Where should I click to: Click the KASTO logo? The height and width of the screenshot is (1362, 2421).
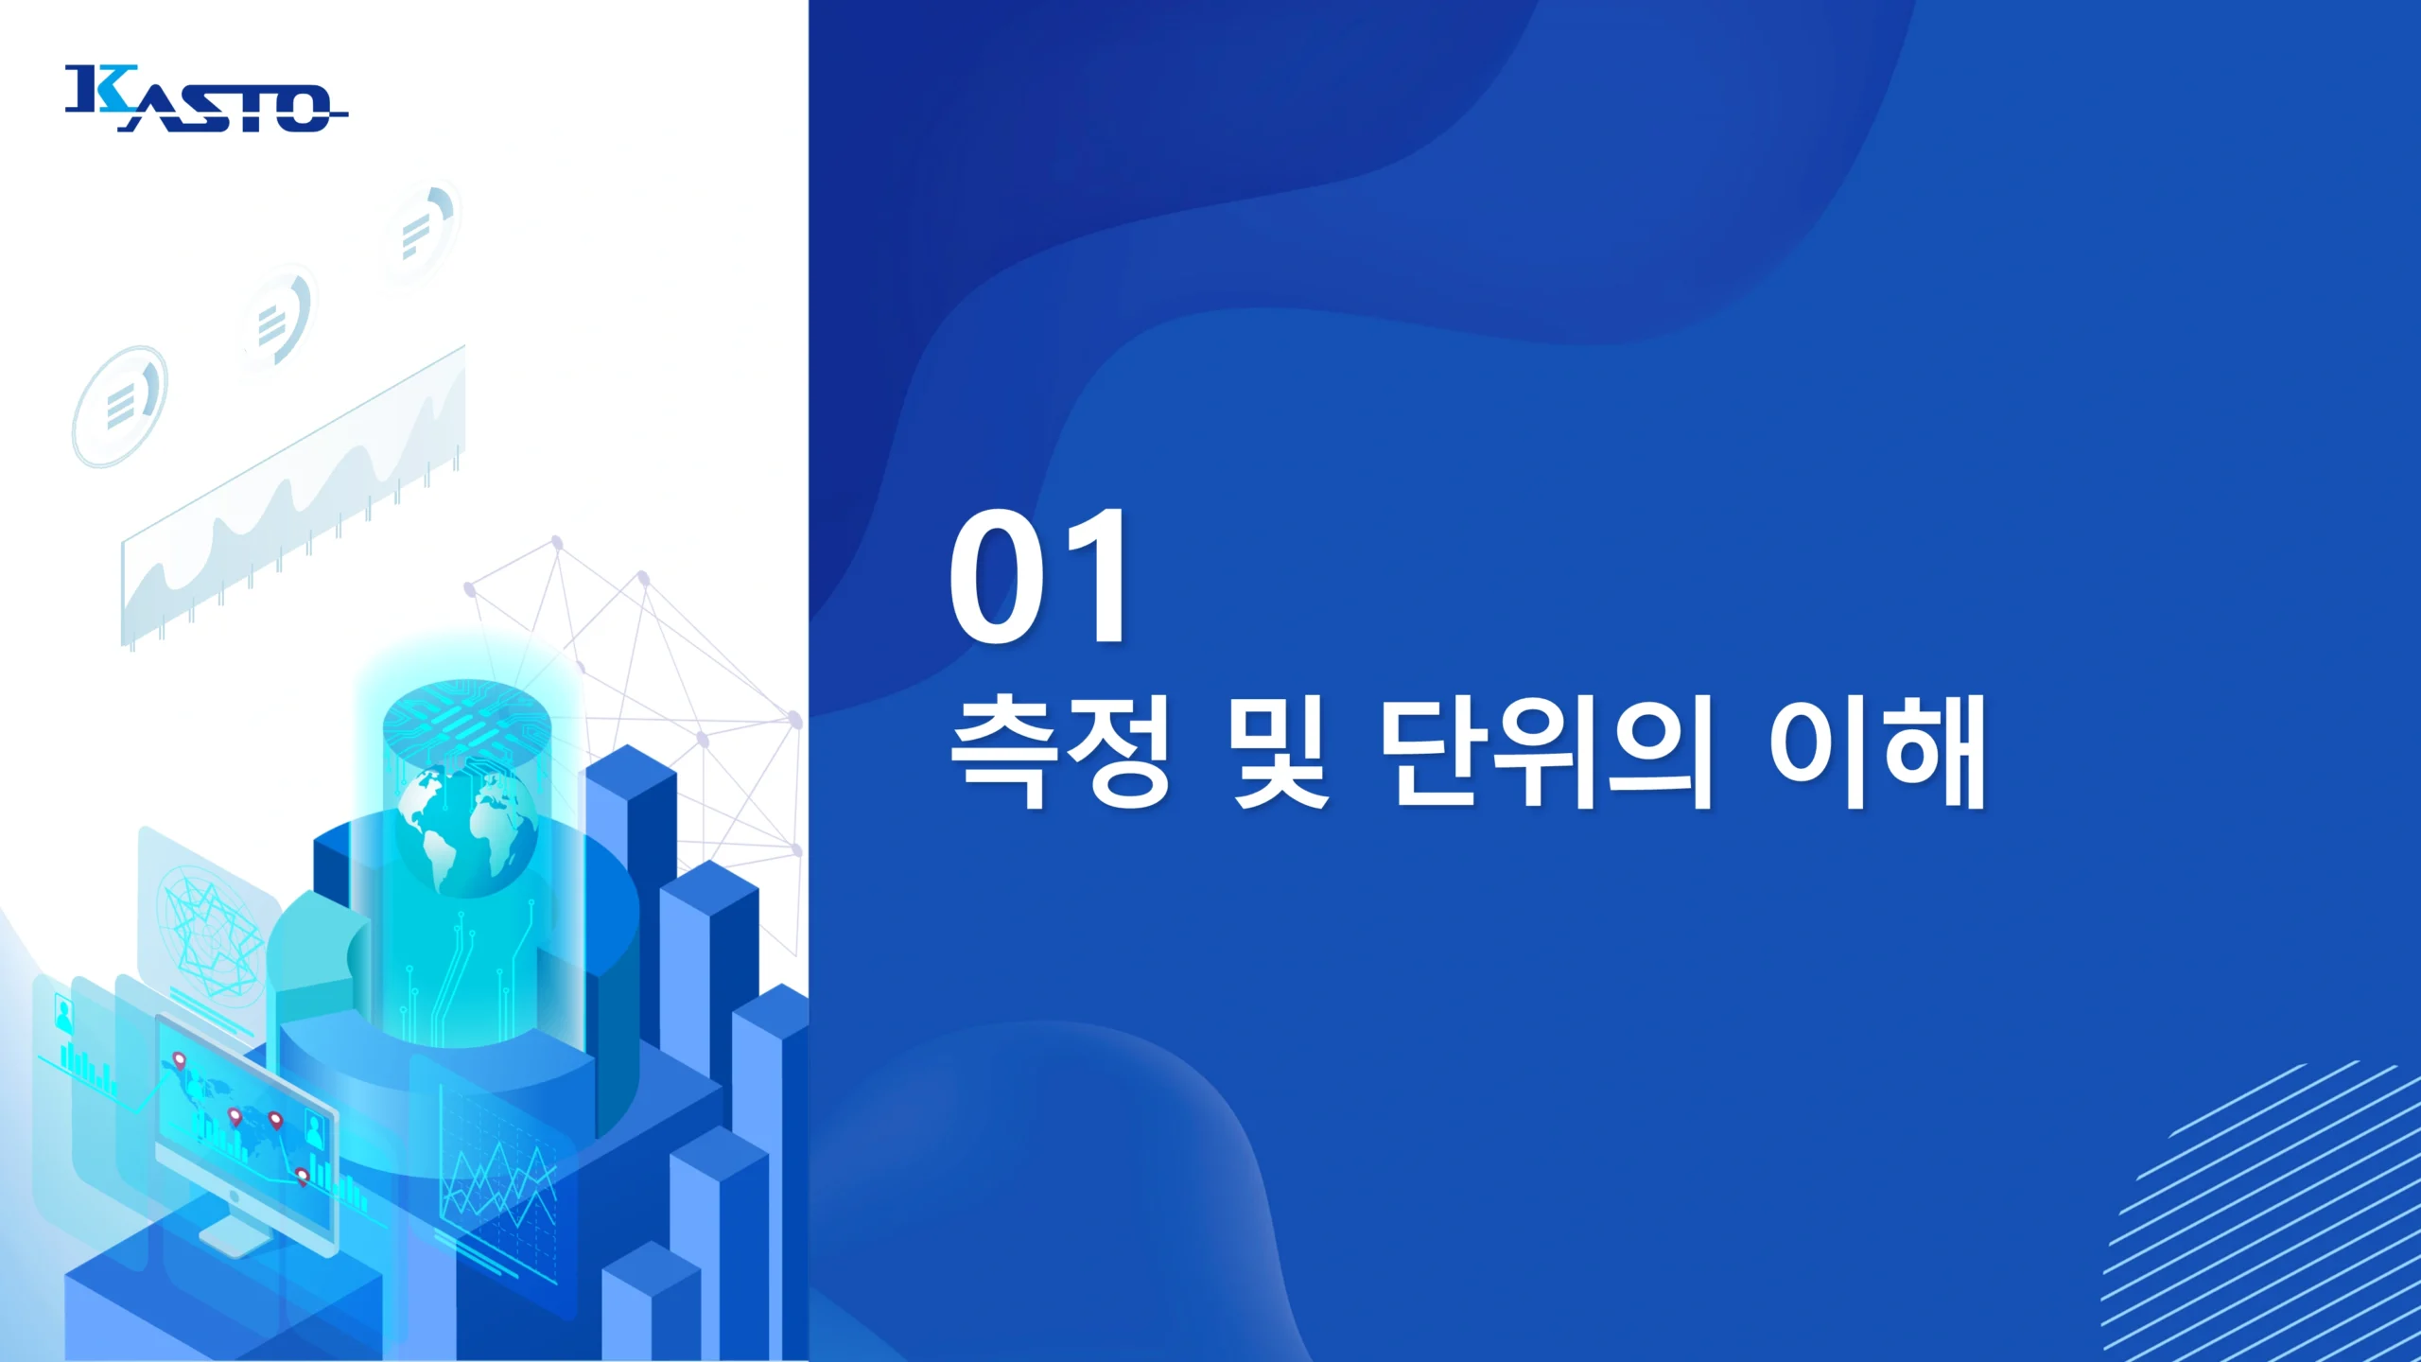point(206,97)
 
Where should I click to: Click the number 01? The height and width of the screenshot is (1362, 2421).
point(1038,576)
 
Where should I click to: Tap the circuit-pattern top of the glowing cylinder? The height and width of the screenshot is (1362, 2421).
point(466,723)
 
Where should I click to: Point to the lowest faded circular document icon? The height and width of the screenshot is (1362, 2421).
point(120,406)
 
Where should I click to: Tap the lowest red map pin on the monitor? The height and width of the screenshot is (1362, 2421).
point(302,1177)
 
